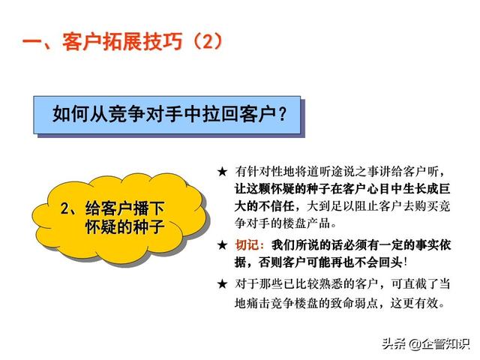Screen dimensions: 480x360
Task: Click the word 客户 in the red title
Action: [x=82, y=41]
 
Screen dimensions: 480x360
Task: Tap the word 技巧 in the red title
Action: [x=163, y=41]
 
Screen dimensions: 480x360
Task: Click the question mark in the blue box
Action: [x=283, y=114]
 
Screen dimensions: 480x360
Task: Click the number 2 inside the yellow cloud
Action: [x=65, y=208]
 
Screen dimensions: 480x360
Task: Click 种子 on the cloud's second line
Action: [x=146, y=226]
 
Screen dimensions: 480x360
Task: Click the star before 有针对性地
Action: [x=223, y=172]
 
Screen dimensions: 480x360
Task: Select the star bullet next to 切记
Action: [x=223, y=245]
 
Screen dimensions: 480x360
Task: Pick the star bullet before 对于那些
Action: [x=223, y=284]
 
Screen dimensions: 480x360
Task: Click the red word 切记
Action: [x=247, y=245]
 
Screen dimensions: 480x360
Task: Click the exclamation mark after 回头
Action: [x=406, y=262]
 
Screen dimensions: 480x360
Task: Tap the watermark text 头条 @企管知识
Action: [x=426, y=343]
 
